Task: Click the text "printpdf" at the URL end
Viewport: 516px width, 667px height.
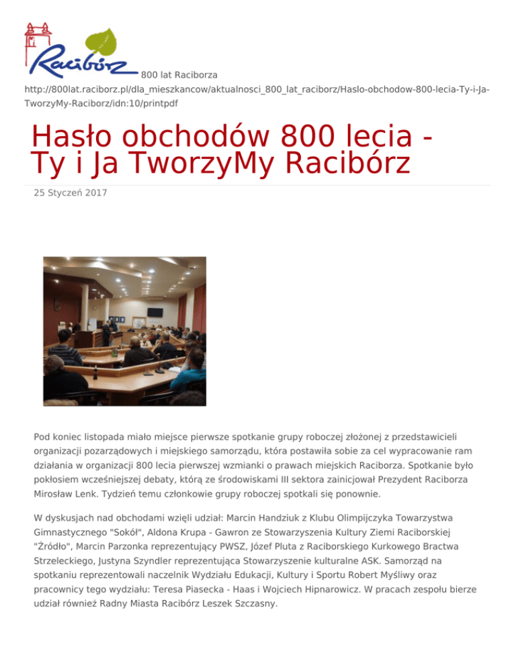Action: (160, 103)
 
